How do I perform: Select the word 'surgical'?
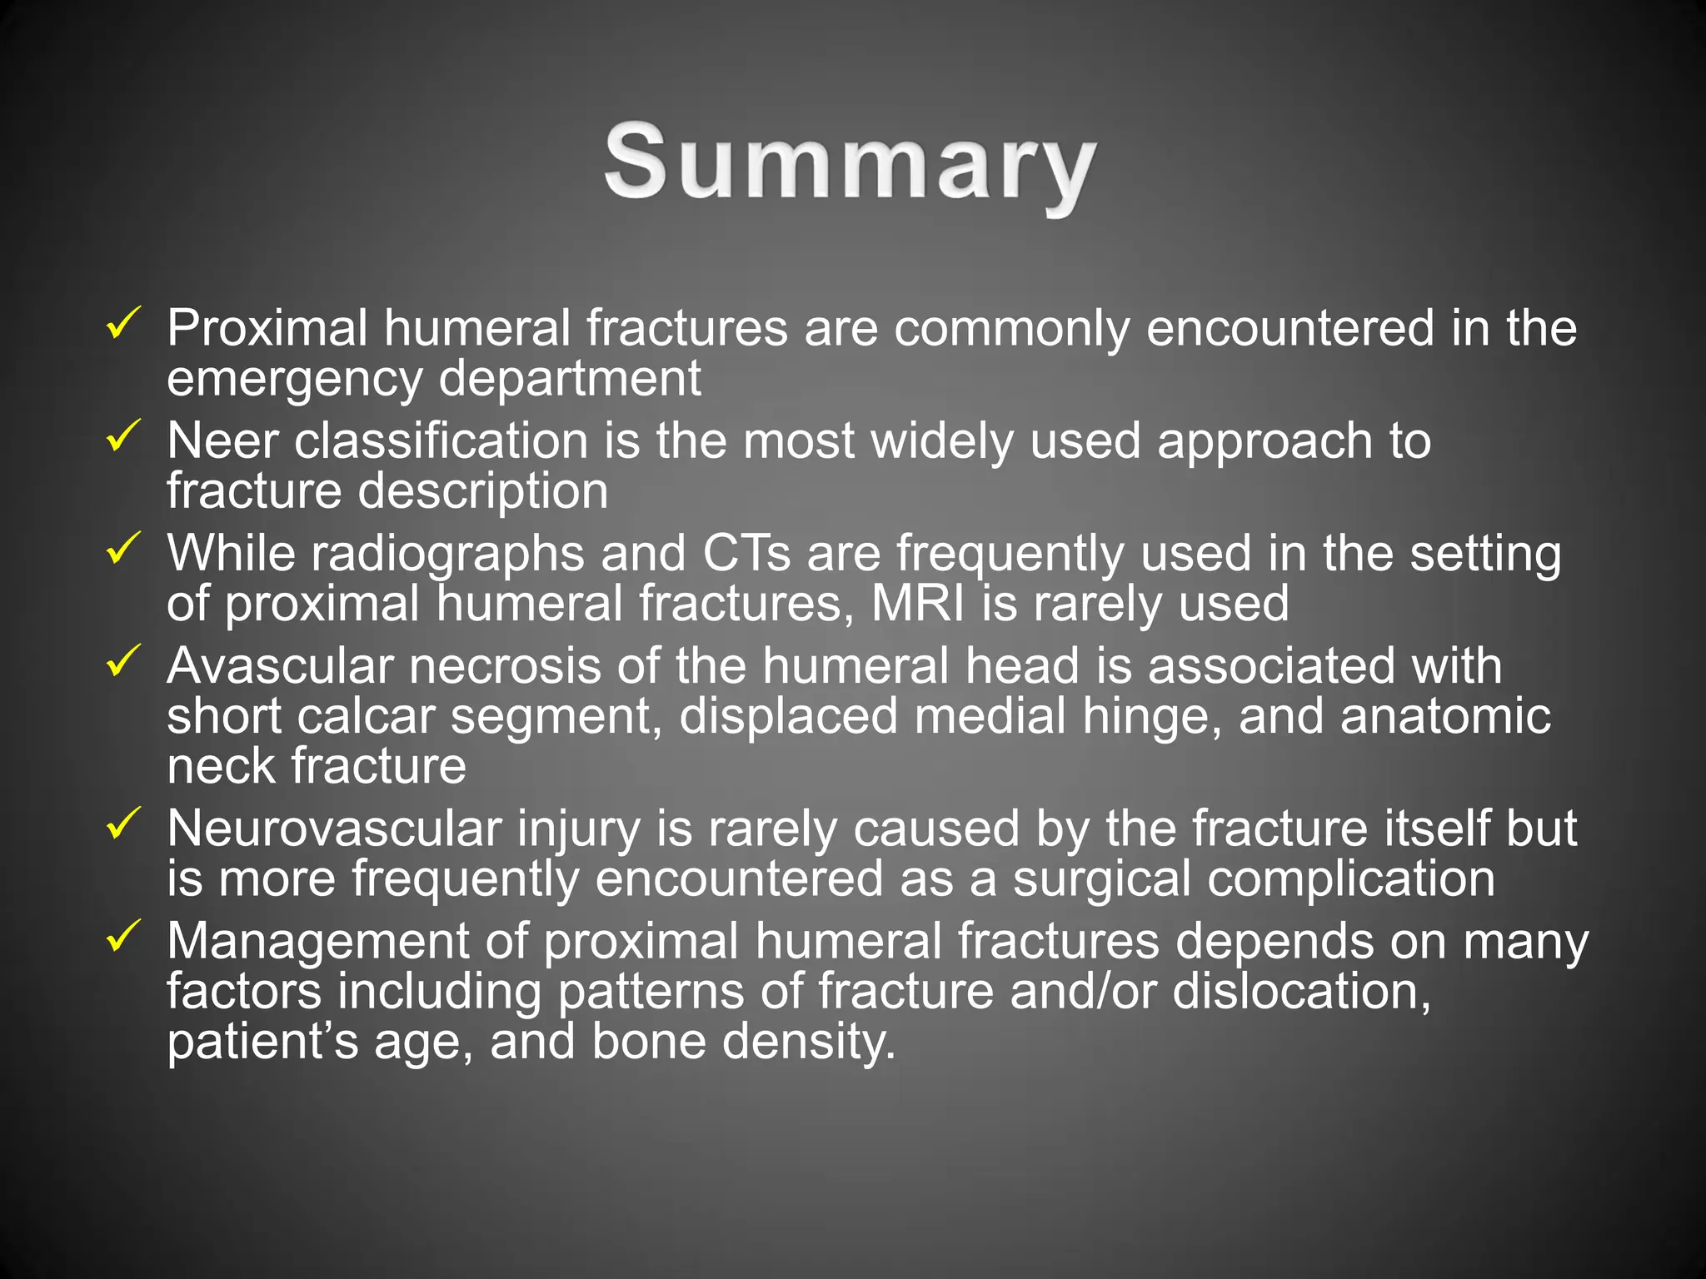tap(1101, 879)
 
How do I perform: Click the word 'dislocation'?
tap(1300, 992)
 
